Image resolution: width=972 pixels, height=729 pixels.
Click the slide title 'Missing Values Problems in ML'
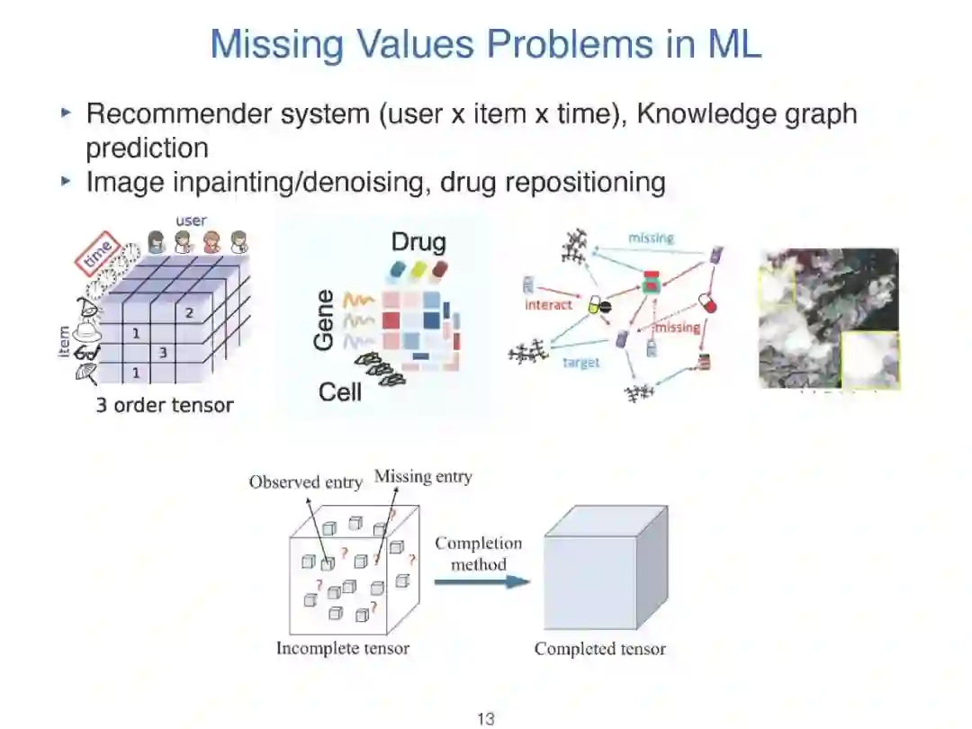(486, 44)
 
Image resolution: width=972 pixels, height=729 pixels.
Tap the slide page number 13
(486, 718)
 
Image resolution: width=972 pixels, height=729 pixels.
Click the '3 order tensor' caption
(165, 405)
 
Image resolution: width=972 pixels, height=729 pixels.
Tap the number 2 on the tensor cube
(189, 312)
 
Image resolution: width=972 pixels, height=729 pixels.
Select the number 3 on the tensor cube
(163, 353)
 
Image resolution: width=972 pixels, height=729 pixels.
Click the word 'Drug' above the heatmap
(418, 242)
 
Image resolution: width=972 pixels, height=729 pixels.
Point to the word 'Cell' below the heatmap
(340, 392)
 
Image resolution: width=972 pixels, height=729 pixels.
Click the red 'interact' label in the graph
(548, 305)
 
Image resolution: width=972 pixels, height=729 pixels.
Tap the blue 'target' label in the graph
(581, 362)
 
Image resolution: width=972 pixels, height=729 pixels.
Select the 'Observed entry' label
(305, 481)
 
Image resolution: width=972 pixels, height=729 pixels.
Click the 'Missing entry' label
(423, 476)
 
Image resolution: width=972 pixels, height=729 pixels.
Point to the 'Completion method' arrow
(480, 581)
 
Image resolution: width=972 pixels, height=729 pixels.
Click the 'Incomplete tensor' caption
(342, 648)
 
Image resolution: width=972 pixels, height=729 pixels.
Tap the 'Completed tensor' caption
(599, 648)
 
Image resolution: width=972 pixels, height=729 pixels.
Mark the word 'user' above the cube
(191, 220)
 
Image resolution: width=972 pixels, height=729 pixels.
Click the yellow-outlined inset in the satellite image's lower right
(868, 359)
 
